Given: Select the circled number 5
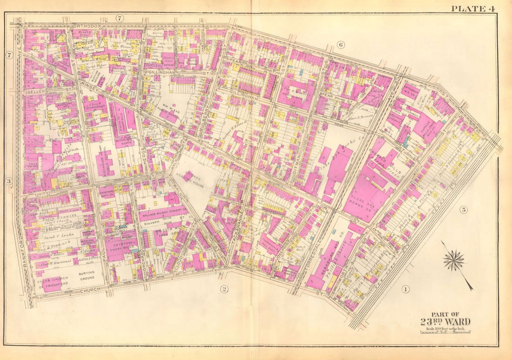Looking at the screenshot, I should coord(463,209).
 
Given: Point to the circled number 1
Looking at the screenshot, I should coord(405,289).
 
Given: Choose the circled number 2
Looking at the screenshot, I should coord(224,289).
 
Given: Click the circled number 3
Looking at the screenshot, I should coord(8,181).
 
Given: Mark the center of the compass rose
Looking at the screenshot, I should coord(453,260).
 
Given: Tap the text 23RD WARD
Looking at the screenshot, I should coord(445,322).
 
